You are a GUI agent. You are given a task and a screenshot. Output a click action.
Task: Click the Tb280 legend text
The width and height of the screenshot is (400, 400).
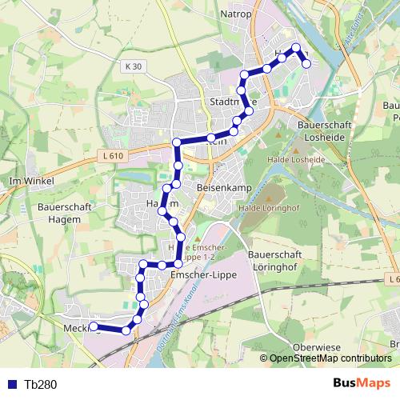coord(40,384)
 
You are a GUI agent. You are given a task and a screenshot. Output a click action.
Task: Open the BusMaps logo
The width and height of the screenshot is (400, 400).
coord(361,383)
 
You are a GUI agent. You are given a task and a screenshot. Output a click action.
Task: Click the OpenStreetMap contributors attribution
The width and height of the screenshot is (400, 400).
coord(330,359)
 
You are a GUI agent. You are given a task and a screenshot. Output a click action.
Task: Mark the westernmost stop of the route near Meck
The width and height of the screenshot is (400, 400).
coord(93,326)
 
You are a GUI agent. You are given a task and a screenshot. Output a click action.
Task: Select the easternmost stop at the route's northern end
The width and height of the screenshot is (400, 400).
coord(306,63)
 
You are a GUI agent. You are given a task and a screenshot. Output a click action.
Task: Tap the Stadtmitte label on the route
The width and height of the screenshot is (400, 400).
coord(231,102)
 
